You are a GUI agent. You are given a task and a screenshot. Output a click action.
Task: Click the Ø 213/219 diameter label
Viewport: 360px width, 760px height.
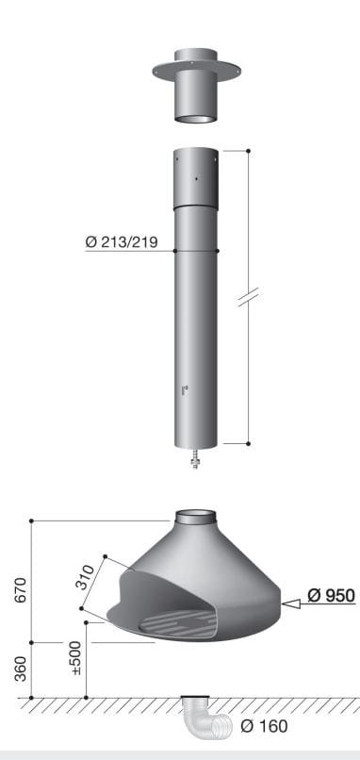tap(122, 242)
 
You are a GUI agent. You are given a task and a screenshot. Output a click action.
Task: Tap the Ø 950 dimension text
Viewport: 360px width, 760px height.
tap(331, 595)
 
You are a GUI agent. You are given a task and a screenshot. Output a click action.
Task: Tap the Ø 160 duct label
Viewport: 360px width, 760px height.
tap(264, 726)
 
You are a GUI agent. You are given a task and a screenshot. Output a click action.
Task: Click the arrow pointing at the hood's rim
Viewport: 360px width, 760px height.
tap(291, 603)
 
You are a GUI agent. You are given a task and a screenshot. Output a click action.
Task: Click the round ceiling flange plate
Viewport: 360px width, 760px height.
tap(196, 70)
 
